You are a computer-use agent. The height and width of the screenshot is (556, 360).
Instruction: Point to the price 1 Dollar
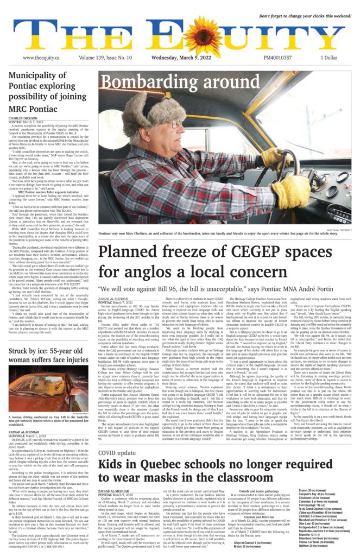pos(329,58)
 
